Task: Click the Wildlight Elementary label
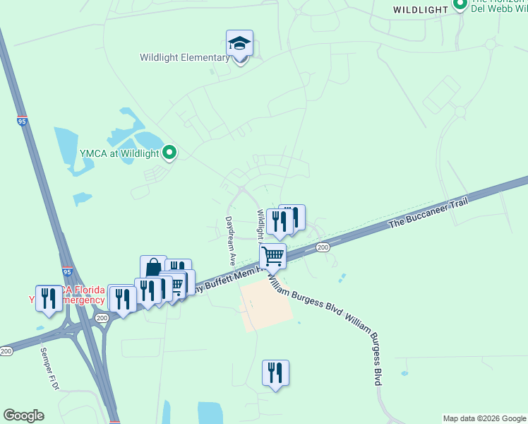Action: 184,57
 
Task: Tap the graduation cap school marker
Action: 239,45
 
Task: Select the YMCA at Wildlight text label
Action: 119,153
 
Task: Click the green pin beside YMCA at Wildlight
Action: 169,152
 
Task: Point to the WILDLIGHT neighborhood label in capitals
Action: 421,10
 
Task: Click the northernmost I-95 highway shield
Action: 22,122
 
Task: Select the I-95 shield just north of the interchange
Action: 67,271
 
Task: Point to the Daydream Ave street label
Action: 229,240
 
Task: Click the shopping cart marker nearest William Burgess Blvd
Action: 273,257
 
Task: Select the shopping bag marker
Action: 153,269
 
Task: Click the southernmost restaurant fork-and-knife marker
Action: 275,373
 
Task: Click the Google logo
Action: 23,416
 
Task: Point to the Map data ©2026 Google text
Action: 484,418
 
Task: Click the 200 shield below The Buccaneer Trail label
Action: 323,247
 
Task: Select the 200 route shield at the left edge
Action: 6,351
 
